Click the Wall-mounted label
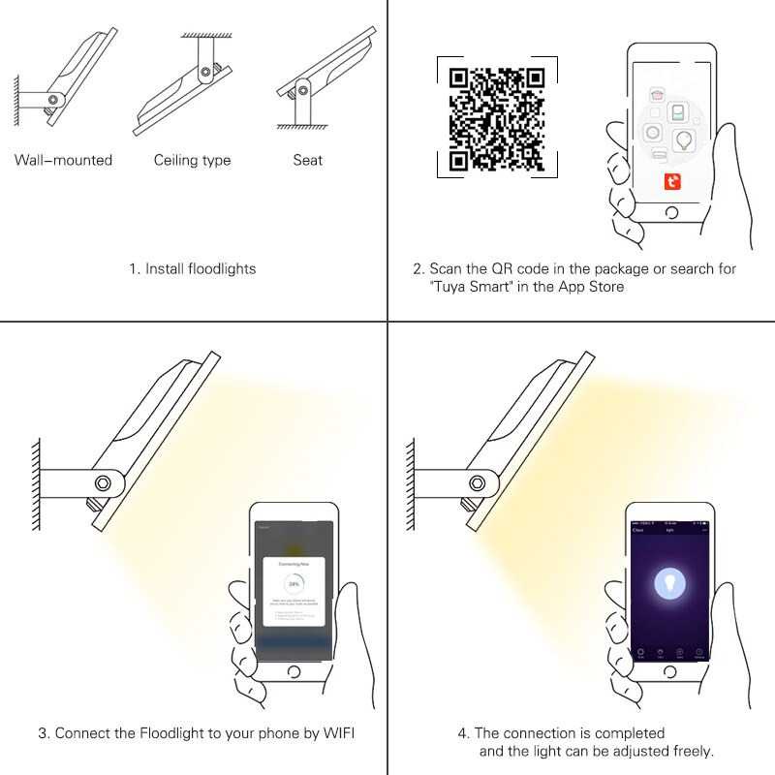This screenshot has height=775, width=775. coord(63,160)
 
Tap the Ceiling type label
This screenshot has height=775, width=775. coord(192,160)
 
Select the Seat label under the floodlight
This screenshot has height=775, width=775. coord(307,160)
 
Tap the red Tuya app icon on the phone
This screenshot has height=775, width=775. coord(672,180)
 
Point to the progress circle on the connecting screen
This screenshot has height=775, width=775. coord(294,585)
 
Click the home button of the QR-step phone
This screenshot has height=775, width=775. coord(672,212)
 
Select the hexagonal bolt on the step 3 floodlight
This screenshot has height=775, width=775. coord(101,481)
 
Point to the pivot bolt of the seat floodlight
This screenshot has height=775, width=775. coord(303,91)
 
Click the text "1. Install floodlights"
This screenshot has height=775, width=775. coord(193,268)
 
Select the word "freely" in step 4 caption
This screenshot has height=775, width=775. coord(689,751)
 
